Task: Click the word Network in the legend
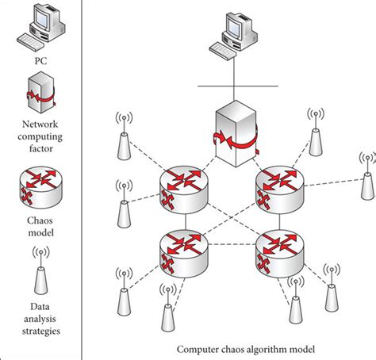click(41, 124)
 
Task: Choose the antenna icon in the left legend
click(41, 269)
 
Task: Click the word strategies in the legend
click(41, 330)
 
